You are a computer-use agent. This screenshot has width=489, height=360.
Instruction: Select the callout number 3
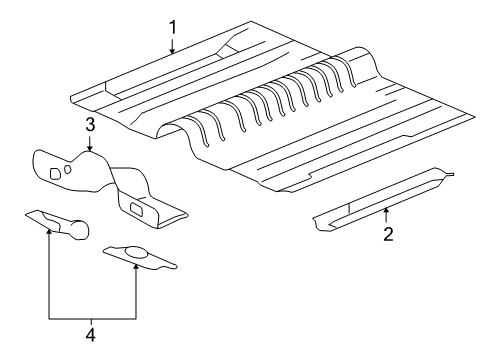point(89,125)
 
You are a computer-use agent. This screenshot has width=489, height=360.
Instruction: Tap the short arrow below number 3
point(89,144)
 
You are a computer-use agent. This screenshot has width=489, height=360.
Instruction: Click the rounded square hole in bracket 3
point(55,174)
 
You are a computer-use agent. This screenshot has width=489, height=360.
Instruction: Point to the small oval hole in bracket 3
point(68,170)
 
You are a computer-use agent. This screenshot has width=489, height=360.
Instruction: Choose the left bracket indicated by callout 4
point(55,221)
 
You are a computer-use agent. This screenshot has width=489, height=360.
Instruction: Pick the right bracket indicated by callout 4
point(140,256)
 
